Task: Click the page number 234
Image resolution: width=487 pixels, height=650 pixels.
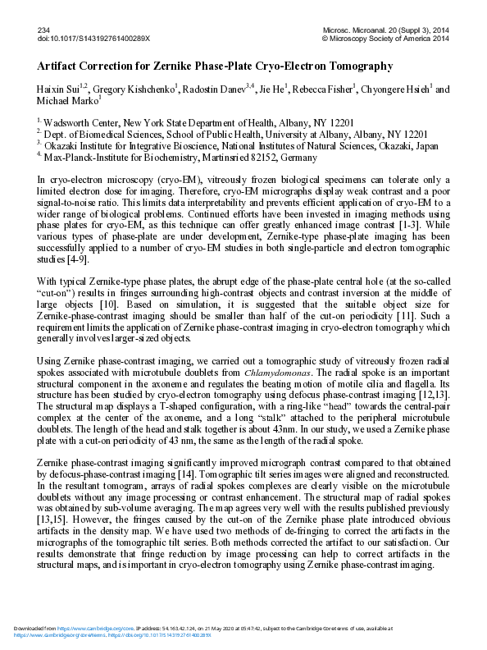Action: tap(44, 29)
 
